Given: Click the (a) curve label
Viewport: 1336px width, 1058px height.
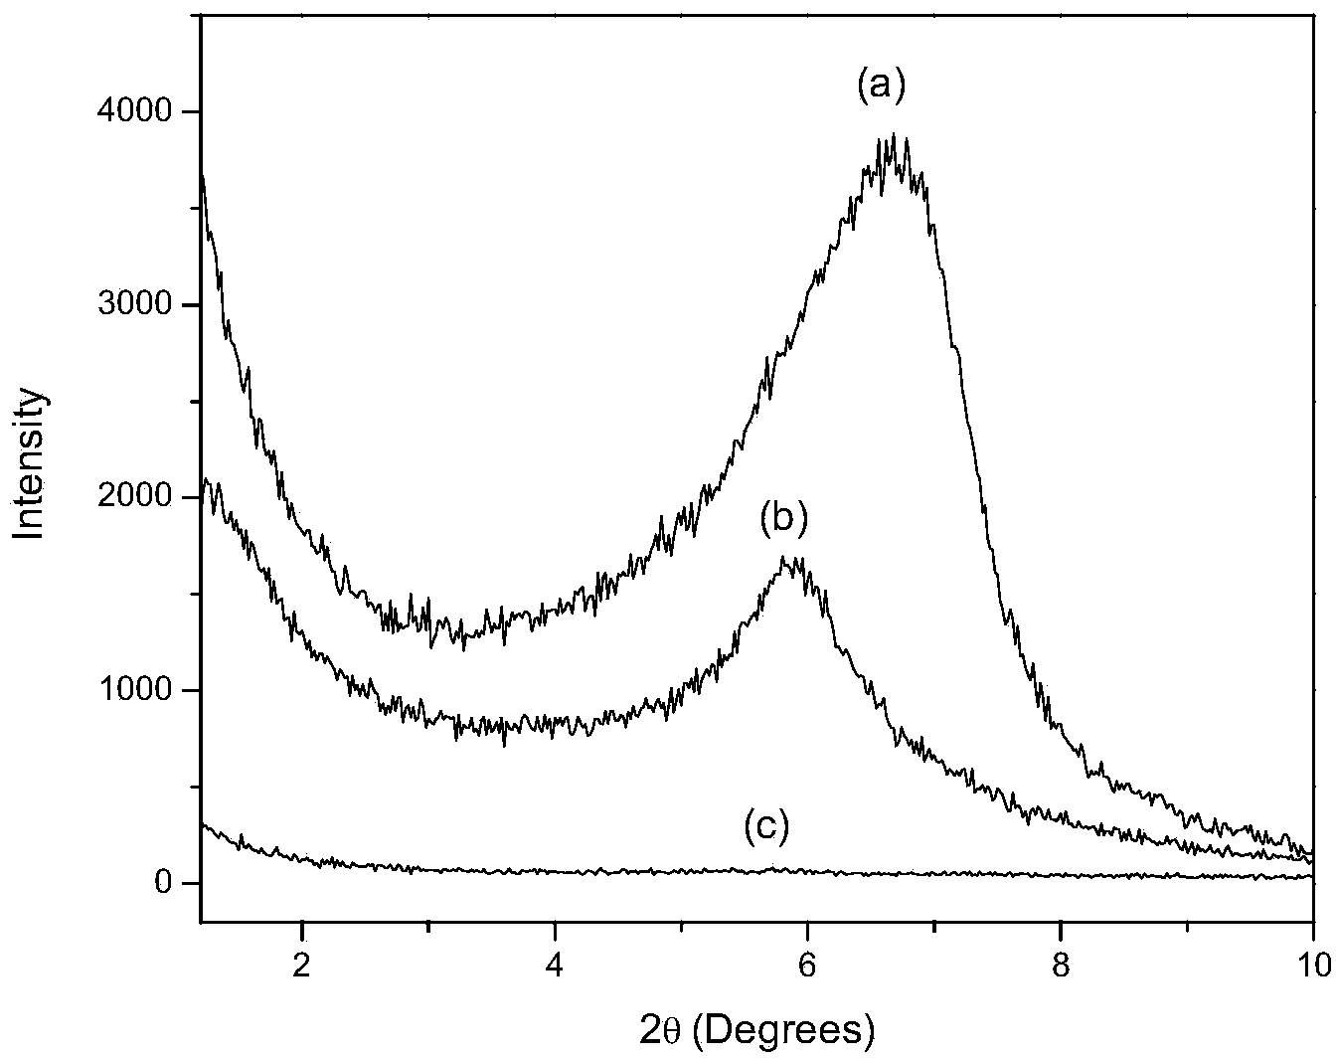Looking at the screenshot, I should [x=882, y=88].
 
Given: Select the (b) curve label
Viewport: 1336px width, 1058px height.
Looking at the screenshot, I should [x=784, y=517].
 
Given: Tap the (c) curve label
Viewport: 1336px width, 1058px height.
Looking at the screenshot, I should [x=766, y=826].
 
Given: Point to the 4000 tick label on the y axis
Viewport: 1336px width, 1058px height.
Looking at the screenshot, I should [x=141, y=111].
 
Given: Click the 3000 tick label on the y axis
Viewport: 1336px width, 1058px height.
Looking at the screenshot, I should [x=141, y=304].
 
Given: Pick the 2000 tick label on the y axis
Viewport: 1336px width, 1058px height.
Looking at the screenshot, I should [x=141, y=497].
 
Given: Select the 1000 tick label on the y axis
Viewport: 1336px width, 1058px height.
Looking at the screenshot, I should [x=141, y=690].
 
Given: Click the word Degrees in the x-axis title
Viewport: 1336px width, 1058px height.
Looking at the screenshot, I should [x=799, y=1030].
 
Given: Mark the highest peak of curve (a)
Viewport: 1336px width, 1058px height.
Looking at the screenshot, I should [x=894, y=134].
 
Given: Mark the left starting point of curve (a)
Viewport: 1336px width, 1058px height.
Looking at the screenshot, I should [x=203, y=175].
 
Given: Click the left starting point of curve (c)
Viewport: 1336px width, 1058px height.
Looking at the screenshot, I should [x=203, y=824].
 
